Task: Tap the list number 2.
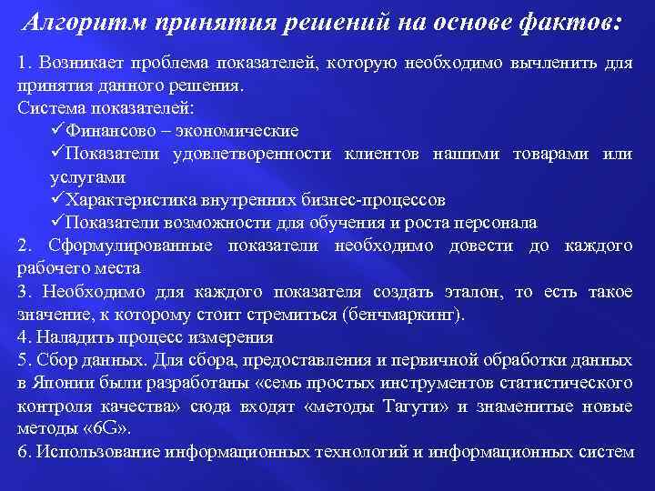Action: [24, 245]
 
